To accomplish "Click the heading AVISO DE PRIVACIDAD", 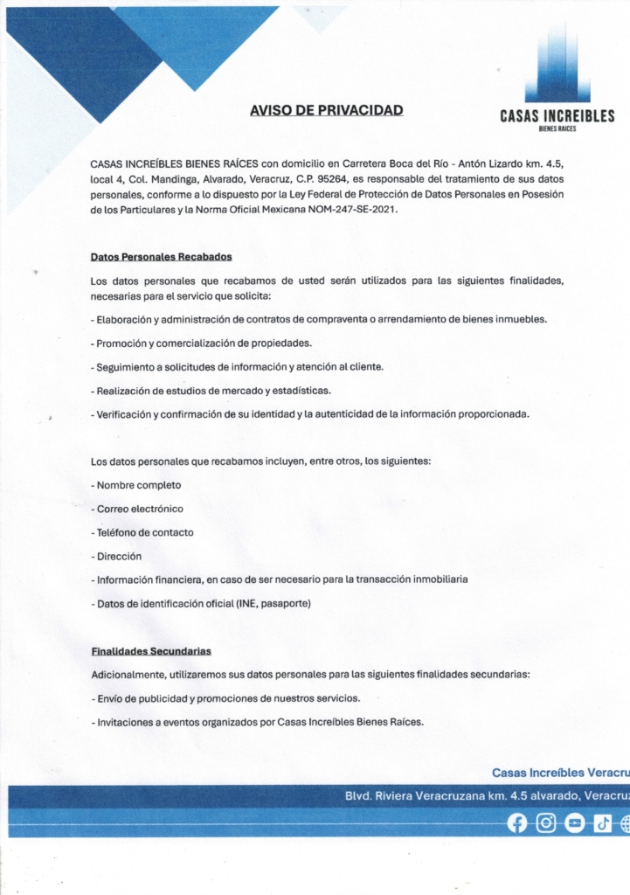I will tap(326, 110).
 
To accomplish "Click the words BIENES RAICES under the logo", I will tap(557, 128).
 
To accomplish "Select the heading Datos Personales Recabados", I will tap(161, 257).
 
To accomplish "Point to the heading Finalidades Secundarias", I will tap(150, 651).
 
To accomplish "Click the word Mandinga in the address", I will tap(173, 178).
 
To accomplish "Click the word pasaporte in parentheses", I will tap(283, 603).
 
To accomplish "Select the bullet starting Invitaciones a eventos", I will tap(260, 722).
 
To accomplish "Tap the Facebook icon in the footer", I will tap(517, 823).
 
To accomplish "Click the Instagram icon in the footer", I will tap(546, 823).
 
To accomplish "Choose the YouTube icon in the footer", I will tap(574, 823).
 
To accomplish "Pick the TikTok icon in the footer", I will tap(603, 823).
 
